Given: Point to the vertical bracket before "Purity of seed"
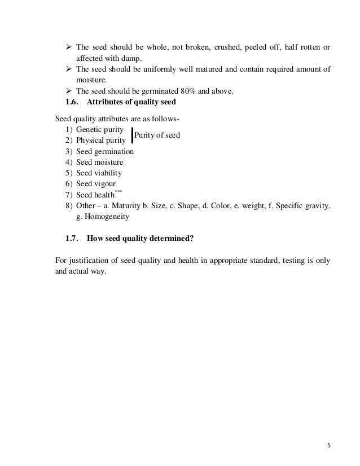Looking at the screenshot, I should (131, 135).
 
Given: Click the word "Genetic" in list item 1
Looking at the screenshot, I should (89, 130).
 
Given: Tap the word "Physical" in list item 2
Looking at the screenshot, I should (90, 140).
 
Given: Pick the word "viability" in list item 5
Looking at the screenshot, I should (106, 173).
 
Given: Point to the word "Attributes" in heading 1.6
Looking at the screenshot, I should (107, 102).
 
